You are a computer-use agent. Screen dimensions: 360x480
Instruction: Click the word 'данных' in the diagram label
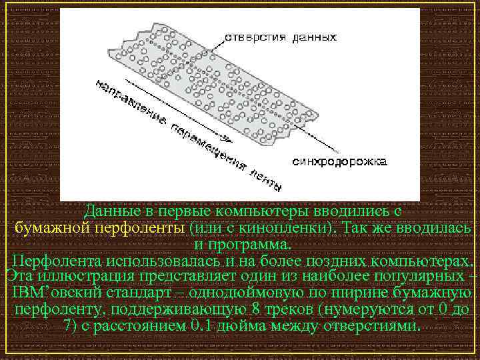(x=314, y=37)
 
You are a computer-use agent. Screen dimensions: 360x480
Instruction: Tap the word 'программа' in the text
(x=257, y=244)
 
